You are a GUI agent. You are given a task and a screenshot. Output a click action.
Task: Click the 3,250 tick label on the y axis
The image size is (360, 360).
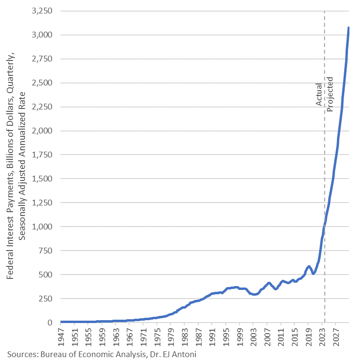pos(44,11)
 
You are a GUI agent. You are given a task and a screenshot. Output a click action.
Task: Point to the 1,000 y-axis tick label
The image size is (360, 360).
pos(44,227)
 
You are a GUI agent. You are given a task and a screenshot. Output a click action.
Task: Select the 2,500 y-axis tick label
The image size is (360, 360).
pos(44,83)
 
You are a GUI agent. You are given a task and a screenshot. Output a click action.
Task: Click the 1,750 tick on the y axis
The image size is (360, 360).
pos(44,155)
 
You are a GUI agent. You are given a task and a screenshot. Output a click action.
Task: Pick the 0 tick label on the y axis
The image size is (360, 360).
pos(51,323)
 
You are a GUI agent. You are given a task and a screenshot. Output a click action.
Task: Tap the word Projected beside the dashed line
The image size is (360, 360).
pos(330,94)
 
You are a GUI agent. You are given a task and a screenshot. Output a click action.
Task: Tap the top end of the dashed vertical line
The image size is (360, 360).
pos(324,12)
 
